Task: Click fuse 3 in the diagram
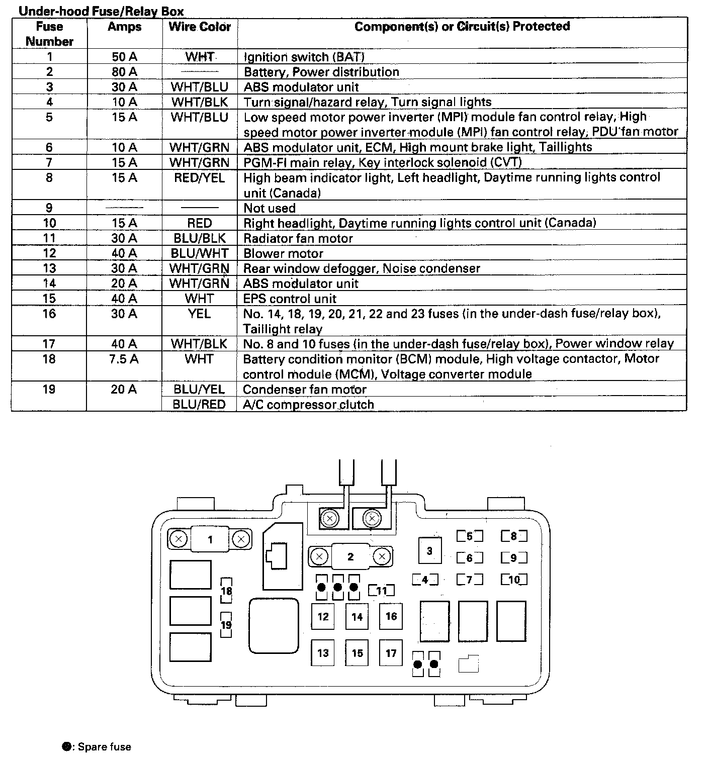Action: click(x=429, y=551)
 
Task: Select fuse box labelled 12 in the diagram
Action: click(x=323, y=616)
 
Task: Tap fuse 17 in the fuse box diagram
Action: click(x=391, y=653)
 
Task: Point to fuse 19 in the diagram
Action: click(x=226, y=625)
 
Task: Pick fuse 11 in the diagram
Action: click(x=382, y=591)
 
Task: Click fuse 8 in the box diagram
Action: click(x=514, y=536)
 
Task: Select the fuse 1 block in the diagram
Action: click(x=210, y=540)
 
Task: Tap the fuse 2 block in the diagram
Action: click(x=350, y=556)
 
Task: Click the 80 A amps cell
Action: click(x=124, y=72)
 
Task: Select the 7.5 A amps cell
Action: click(x=124, y=359)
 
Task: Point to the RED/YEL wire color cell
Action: click(x=200, y=178)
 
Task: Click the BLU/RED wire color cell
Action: click(x=199, y=405)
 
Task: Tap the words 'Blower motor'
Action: click(x=283, y=253)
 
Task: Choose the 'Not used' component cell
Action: click(x=270, y=208)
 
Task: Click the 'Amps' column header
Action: click(x=124, y=27)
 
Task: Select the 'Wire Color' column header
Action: click(x=200, y=27)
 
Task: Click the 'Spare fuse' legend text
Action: click(x=105, y=747)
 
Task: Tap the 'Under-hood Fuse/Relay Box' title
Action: click(x=101, y=11)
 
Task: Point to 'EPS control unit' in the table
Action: click(x=290, y=299)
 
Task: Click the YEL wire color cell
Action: click(x=200, y=314)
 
